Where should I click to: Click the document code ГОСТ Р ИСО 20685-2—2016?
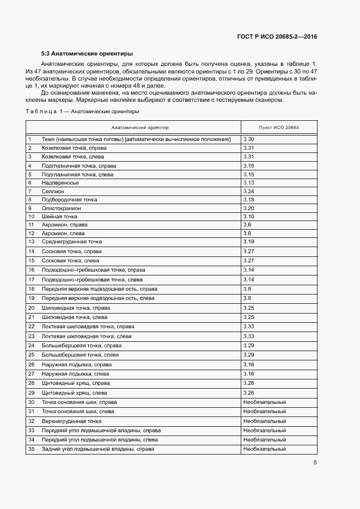point(278,36)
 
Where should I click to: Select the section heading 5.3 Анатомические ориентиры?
point(87,54)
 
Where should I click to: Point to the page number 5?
point(315,463)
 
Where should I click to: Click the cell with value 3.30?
point(249,139)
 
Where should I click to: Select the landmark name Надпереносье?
point(56,182)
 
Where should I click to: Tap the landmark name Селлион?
point(52,191)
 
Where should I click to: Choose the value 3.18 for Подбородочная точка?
point(249,200)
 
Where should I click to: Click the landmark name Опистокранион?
point(61,208)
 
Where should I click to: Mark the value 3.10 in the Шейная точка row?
point(249,217)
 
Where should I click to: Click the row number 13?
point(31,242)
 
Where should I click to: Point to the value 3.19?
point(249,242)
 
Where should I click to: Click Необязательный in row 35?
point(264,449)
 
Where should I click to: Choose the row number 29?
point(31,393)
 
